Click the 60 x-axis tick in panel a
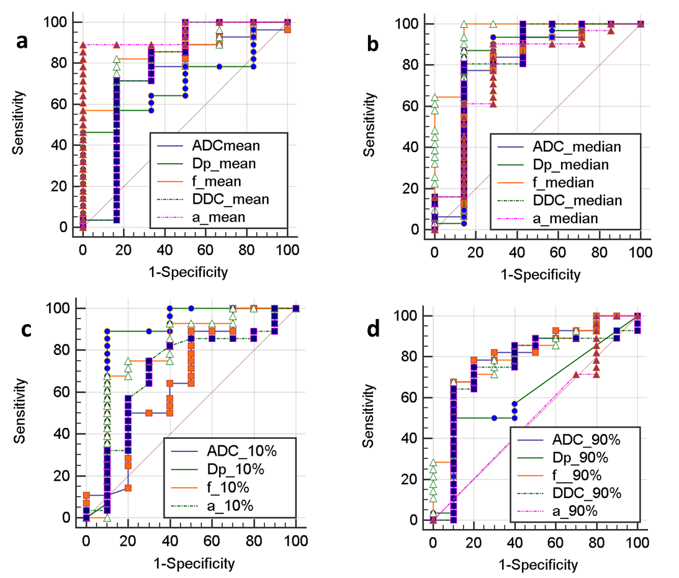[205, 250]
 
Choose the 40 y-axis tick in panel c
[68, 434]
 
